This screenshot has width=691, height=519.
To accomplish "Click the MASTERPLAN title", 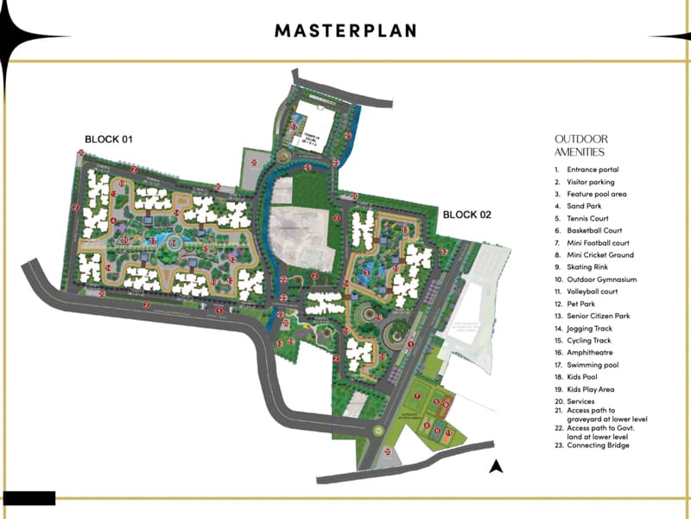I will [x=345, y=31].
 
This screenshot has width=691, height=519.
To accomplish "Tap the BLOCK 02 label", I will [x=466, y=214].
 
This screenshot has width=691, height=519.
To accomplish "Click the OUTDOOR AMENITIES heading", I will [x=581, y=144].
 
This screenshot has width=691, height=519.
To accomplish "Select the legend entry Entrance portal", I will [x=593, y=170].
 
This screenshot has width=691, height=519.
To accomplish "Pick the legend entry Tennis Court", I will [x=588, y=219].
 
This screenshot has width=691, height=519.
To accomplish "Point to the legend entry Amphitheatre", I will [x=591, y=353].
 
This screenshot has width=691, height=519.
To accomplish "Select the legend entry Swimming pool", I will [x=593, y=365].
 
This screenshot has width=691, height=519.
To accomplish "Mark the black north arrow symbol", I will [x=496, y=468].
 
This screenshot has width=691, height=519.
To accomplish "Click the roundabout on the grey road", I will [x=377, y=431].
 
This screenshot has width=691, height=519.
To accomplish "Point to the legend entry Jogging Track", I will [x=591, y=329].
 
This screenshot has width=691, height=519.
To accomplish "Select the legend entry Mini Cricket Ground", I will [x=600, y=255].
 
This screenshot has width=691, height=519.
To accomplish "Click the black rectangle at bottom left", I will [x=29, y=498].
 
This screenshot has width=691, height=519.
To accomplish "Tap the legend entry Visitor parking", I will [x=591, y=183].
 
